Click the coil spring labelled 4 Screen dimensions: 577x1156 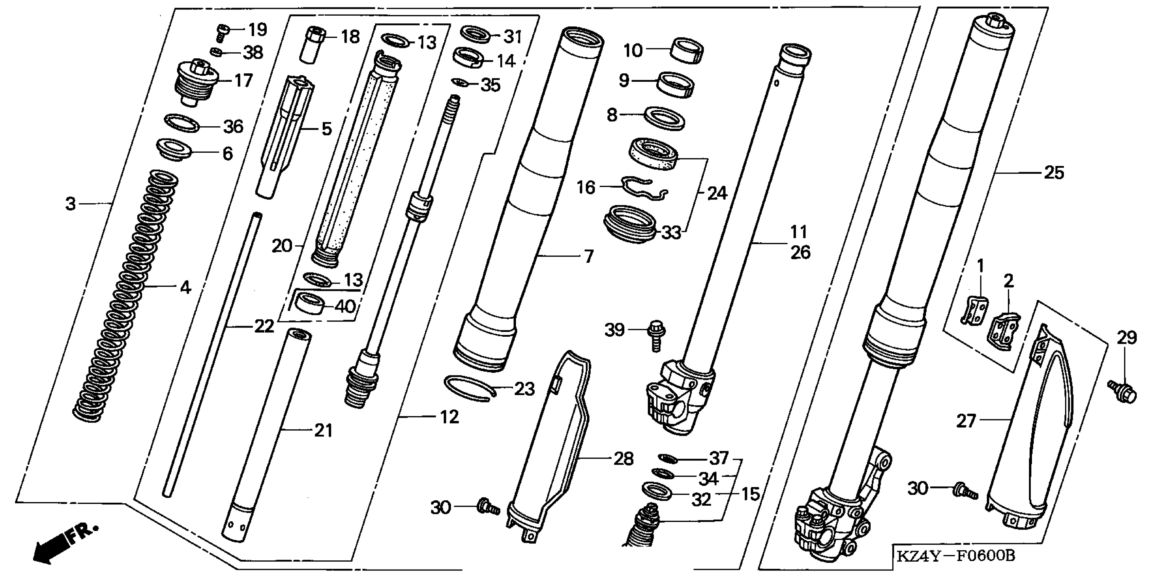(126, 296)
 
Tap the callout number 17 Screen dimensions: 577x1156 (244, 81)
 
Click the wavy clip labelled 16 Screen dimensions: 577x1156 (644, 189)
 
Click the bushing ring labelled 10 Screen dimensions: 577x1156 (686, 51)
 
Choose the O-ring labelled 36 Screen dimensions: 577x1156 (182, 123)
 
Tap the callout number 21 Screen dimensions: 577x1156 (323, 430)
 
